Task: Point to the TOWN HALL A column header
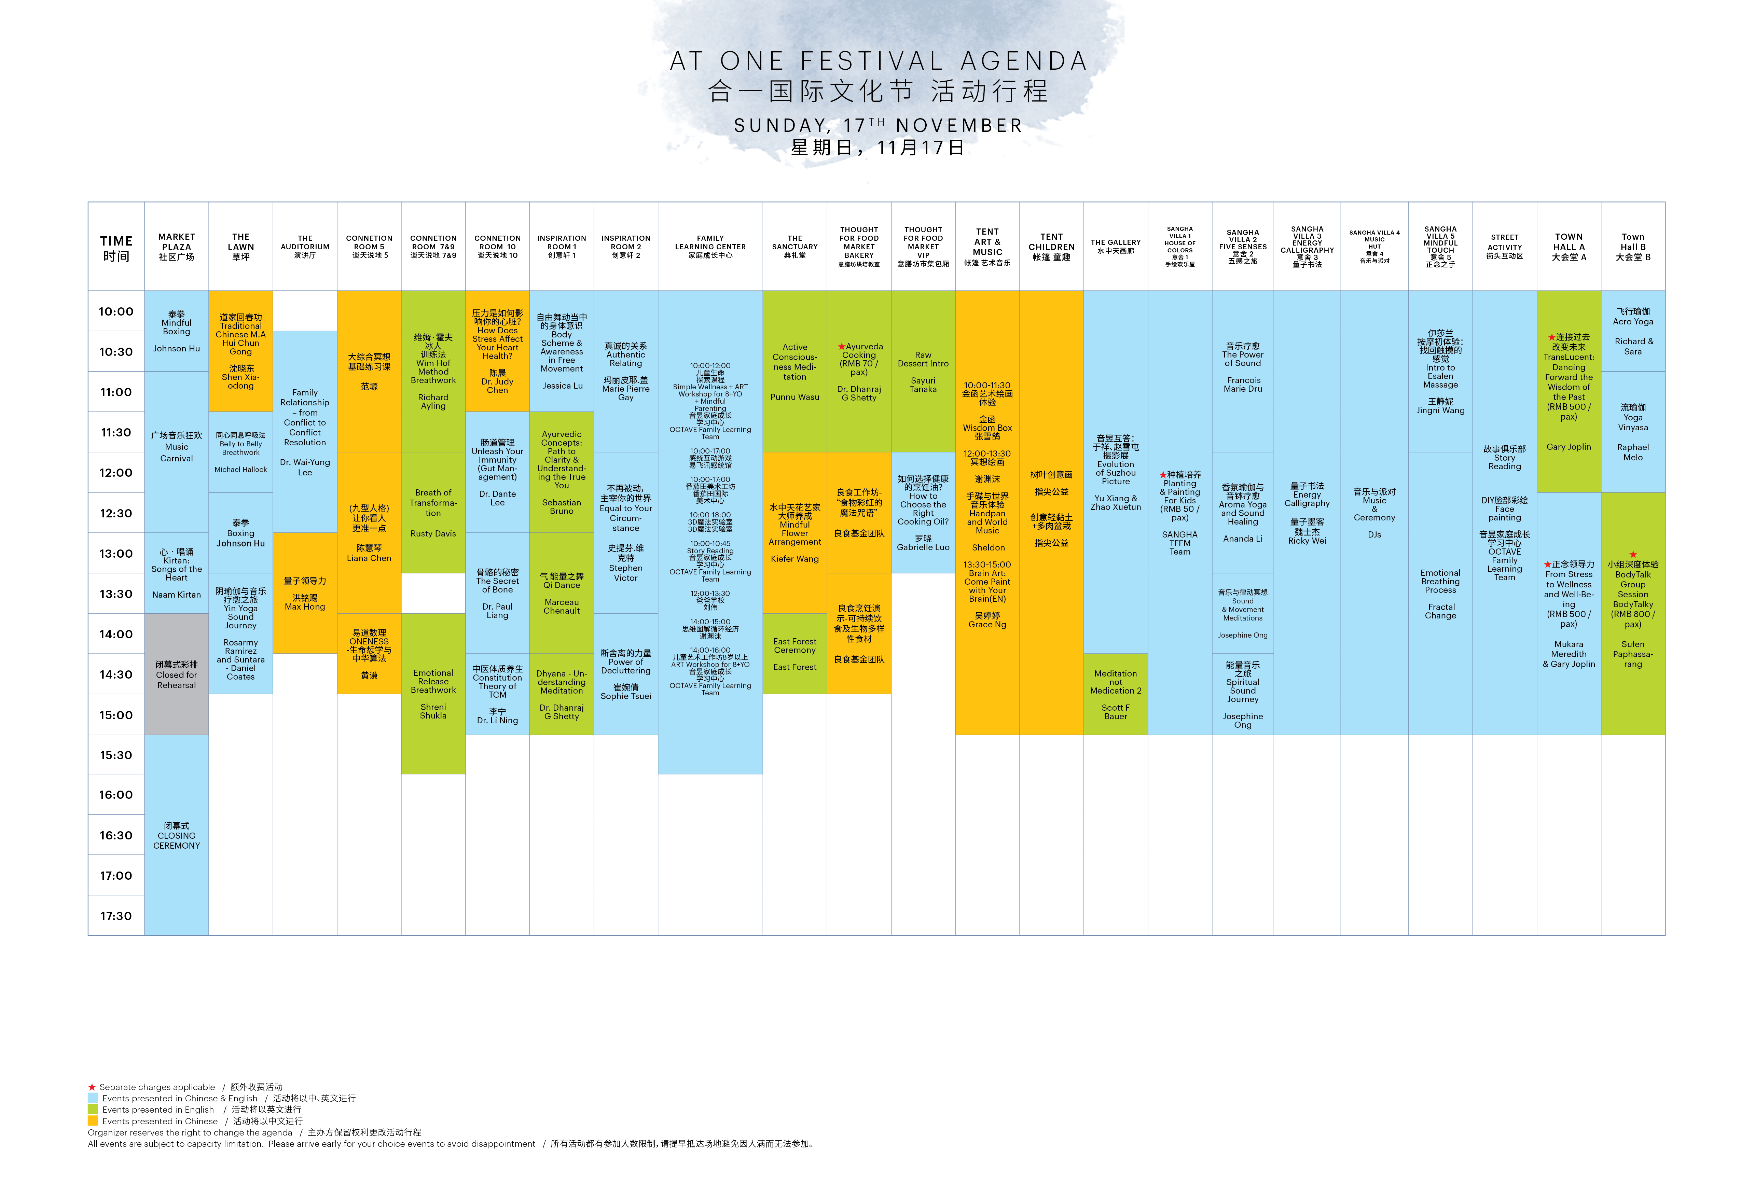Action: coord(1569,247)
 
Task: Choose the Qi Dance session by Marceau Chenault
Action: coord(561,593)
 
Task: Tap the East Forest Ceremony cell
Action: coord(794,654)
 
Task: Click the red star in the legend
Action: coord(92,1087)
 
